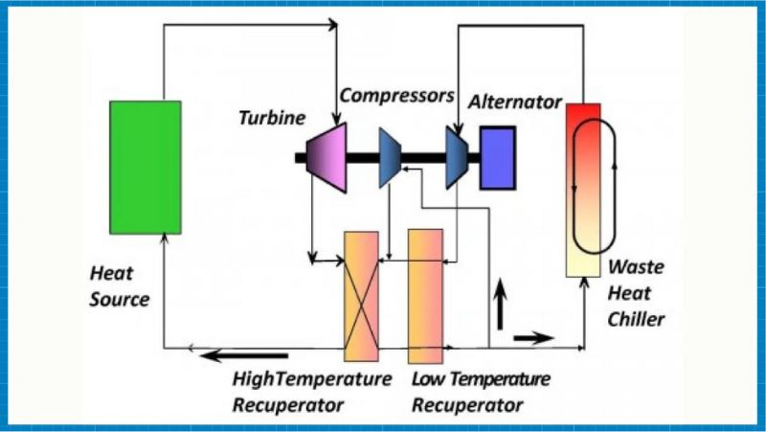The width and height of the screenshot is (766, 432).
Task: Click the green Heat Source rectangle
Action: pos(145,167)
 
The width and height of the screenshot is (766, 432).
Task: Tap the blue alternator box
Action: pos(497,156)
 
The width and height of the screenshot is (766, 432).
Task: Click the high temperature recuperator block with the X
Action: pos(361,295)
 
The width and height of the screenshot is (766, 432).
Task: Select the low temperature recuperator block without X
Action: pos(425,295)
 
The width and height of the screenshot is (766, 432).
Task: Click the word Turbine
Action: pos(272,118)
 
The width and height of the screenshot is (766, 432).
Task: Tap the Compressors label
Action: pos(396,96)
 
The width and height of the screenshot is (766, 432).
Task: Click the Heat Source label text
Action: pos(120,285)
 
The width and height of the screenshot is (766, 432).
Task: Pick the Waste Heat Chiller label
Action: pos(636,293)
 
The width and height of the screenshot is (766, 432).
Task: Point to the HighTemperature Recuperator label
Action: pos(311,391)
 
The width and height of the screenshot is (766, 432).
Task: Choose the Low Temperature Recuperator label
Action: pos(481,391)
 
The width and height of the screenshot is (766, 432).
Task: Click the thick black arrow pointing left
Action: pos(243,357)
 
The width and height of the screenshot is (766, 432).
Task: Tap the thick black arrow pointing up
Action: pos(500,306)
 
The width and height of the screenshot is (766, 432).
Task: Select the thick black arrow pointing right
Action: pos(533,337)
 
